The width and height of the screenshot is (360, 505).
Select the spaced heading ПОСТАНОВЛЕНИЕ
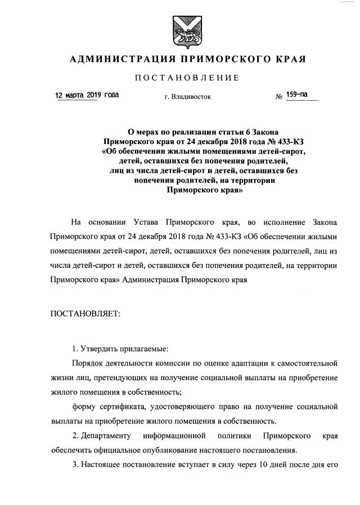[180, 77]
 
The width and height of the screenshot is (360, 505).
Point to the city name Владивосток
[191, 97]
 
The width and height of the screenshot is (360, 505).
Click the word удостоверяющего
[191, 406]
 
